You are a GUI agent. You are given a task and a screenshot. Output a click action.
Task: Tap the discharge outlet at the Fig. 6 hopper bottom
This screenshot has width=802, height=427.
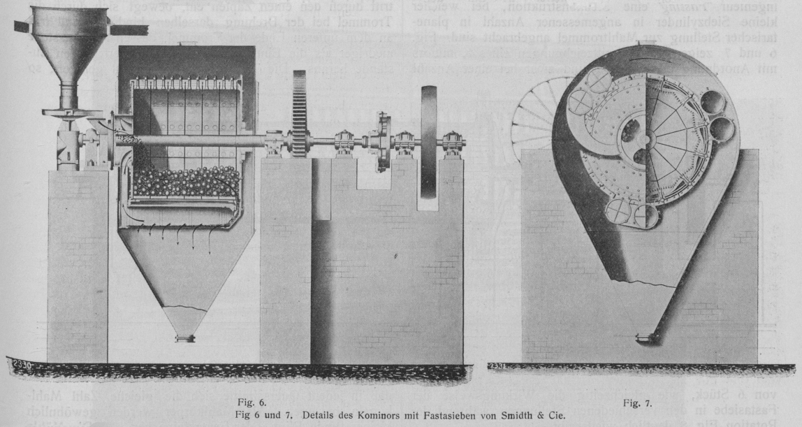185,338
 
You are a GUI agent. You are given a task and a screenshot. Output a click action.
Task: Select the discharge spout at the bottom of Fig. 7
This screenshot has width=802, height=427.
644,338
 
